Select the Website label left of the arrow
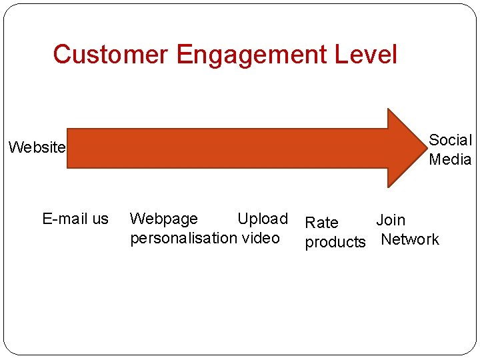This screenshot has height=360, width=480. click(x=37, y=147)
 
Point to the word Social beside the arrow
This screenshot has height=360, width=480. click(x=450, y=140)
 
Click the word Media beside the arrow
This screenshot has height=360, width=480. click(x=450, y=159)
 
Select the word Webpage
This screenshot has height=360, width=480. click(x=163, y=219)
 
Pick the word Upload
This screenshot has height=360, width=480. click(x=262, y=219)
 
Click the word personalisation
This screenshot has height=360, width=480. click(x=183, y=238)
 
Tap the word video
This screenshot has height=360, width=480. click(x=261, y=238)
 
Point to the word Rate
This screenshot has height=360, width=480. click(x=321, y=223)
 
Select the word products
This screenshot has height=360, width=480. click(x=335, y=242)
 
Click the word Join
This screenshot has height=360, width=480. click(x=391, y=220)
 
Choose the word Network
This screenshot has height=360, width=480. click(x=409, y=239)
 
